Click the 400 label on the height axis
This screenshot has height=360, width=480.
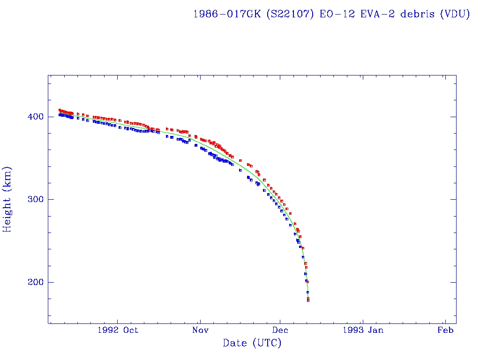pyautogui.click(x=36, y=116)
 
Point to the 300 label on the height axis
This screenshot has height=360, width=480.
pyautogui.click(x=36, y=199)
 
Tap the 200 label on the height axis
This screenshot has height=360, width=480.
pyautogui.click(x=36, y=282)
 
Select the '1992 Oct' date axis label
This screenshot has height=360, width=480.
pyautogui.click(x=118, y=330)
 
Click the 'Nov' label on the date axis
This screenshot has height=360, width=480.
pyautogui.click(x=200, y=330)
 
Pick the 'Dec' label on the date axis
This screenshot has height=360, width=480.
pyautogui.click(x=280, y=330)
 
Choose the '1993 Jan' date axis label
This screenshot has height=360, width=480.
pyautogui.click(x=362, y=330)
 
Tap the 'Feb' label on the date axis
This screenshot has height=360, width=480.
pyautogui.click(x=445, y=330)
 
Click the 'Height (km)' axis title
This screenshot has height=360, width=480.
pyautogui.click(x=7, y=199)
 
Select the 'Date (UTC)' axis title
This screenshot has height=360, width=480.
pyautogui.click(x=252, y=343)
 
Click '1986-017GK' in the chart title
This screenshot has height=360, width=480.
pyautogui.click(x=227, y=14)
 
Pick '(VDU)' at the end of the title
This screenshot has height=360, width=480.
pyautogui.click(x=455, y=14)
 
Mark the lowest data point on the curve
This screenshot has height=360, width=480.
pyautogui.click(x=308, y=300)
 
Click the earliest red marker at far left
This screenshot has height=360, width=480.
pyautogui.click(x=60, y=110)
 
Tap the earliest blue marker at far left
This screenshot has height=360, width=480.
pyautogui.click(x=60, y=114)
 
